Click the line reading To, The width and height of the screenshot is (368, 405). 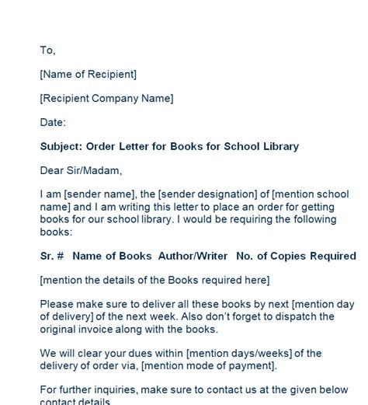coord(47,51)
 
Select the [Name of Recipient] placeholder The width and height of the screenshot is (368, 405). coord(88,75)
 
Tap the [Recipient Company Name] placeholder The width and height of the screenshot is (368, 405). coord(106,99)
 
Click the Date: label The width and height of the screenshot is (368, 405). coord(53,123)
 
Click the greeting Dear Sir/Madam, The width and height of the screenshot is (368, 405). coord(81,171)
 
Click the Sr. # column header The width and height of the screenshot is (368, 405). coord(52,256)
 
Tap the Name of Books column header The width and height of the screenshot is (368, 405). coord(113,256)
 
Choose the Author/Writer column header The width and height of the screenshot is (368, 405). coord(193,256)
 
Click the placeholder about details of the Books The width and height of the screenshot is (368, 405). coord(154,280)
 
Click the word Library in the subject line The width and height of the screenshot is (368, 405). coord(279,147)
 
